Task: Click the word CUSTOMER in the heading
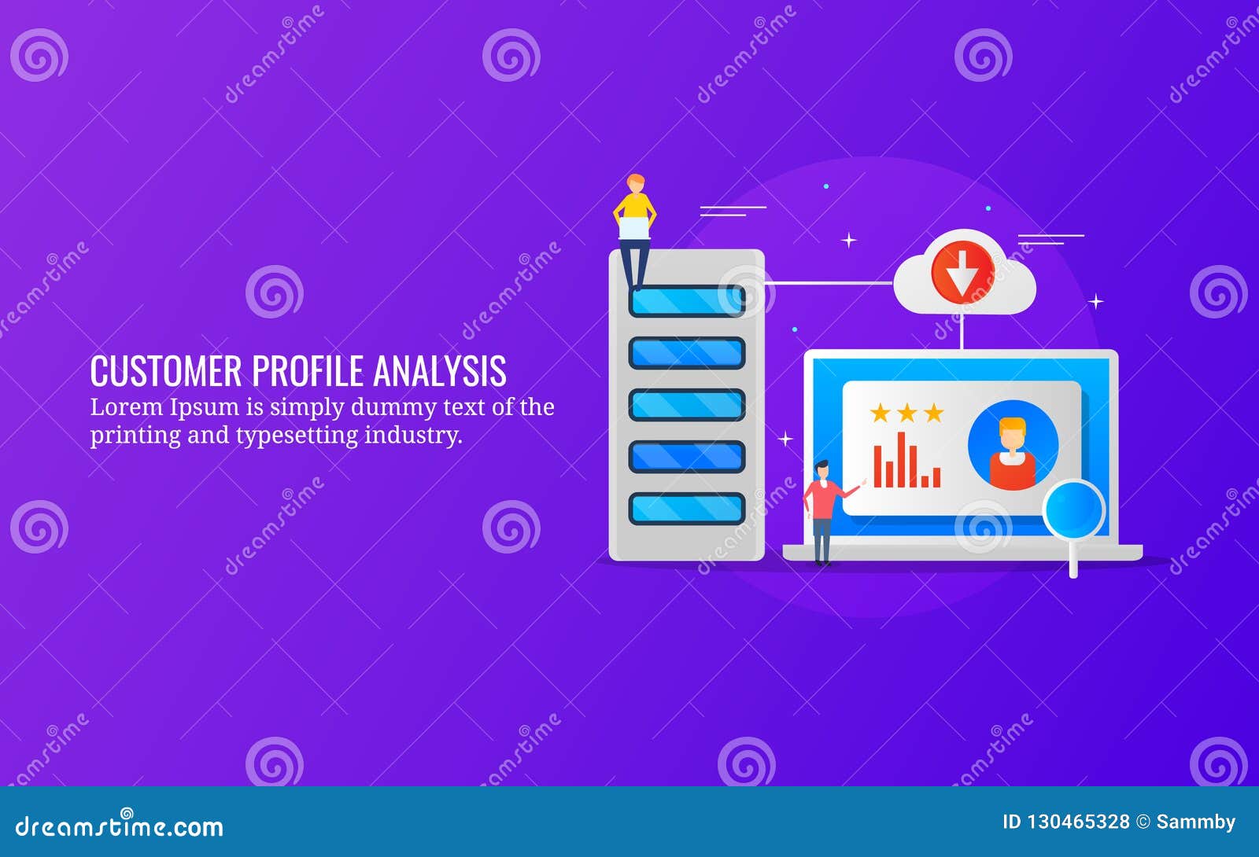166,371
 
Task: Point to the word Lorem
118,407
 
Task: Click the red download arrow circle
962,272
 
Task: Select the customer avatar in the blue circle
1013,446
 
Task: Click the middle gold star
906,413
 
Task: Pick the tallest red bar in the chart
901,459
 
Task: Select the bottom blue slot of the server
686,509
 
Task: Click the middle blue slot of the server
686,405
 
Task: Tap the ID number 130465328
1077,822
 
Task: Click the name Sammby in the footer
1195,822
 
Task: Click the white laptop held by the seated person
634,228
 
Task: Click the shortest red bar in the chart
925,480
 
